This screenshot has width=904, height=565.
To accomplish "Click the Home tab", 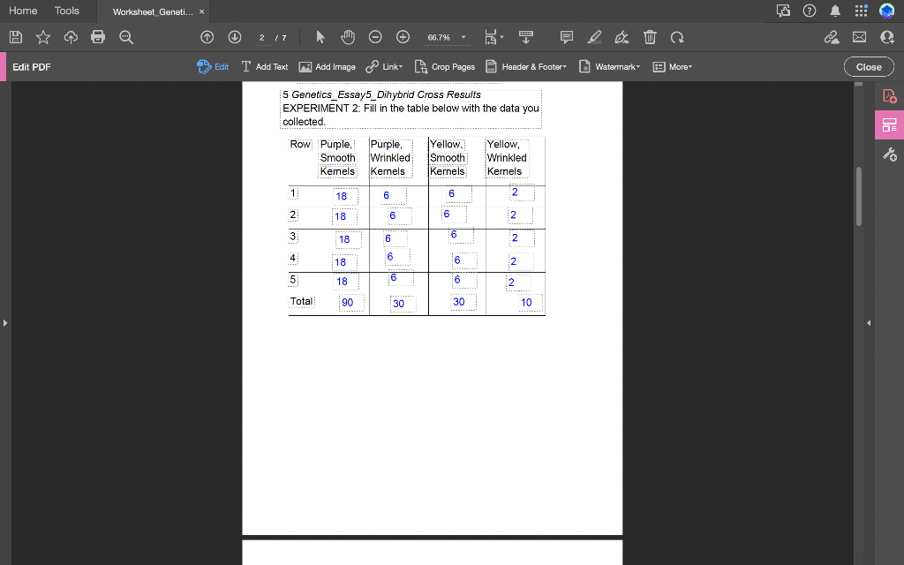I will click(x=23, y=11).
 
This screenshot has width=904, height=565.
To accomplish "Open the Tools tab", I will click(x=67, y=11).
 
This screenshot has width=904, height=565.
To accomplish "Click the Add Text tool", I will click(x=265, y=66).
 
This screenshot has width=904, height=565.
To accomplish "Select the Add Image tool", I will click(x=328, y=66).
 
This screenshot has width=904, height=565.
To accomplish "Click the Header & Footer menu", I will click(x=526, y=66).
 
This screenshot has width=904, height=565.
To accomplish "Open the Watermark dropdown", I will click(x=610, y=66).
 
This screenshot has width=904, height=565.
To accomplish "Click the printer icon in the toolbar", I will click(x=98, y=37).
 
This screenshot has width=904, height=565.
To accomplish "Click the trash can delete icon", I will click(x=650, y=37).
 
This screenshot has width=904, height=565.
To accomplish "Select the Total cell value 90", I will click(x=347, y=302).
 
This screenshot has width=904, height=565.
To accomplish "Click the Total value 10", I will click(x=526, y=302).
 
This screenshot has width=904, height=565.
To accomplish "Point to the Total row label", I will click(x=302, y=301).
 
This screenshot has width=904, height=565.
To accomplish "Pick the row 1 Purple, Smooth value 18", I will click(x=341, y=196).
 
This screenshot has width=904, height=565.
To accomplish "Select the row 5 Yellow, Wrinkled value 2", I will click(x=510, y=282).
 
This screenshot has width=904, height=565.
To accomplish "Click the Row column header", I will click(x=300, y=144).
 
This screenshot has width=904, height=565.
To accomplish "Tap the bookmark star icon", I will click(x=42, y=37).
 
